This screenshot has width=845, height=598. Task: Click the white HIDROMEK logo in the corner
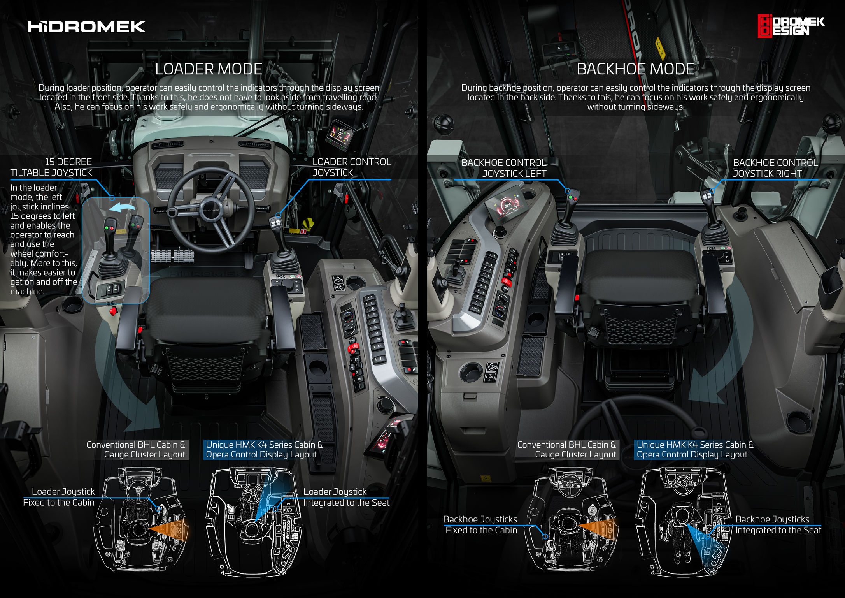point(86,27)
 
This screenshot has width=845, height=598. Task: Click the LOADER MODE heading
point(209,69)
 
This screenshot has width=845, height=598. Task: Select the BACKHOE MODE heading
point(635,69)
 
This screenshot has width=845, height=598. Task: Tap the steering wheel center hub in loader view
point(211,209)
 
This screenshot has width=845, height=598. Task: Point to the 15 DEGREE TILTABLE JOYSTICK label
point(51,167)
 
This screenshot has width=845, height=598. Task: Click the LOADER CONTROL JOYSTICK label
point(351,167)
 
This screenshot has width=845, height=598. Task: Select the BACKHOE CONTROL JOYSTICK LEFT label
point(504,168)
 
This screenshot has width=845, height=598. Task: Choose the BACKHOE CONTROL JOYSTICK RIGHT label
point(775,168)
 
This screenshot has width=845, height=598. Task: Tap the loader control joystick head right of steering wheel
point(275,222)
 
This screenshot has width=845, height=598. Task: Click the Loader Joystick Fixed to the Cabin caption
point(59,497)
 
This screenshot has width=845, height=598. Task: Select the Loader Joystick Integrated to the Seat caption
point(346,497)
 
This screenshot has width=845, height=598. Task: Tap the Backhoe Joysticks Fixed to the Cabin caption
point(481,525)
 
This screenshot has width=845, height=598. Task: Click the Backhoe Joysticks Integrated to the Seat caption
point(778,525)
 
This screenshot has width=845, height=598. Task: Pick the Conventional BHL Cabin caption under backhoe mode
point(566,450)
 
